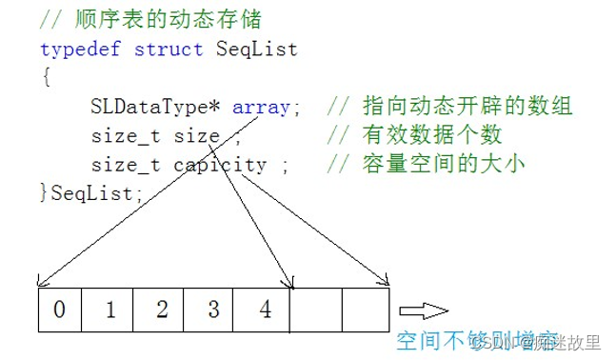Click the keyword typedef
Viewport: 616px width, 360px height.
tap(81, 49)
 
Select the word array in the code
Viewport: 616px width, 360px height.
tap(261, 107)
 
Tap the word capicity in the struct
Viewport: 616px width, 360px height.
tap(220, 165)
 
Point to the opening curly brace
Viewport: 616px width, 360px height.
tap(46, 77)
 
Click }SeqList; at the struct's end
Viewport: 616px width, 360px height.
tap(91, 193)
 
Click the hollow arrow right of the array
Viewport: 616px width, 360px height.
tap(423, 310)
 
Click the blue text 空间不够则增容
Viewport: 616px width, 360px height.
tap(467, 341)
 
